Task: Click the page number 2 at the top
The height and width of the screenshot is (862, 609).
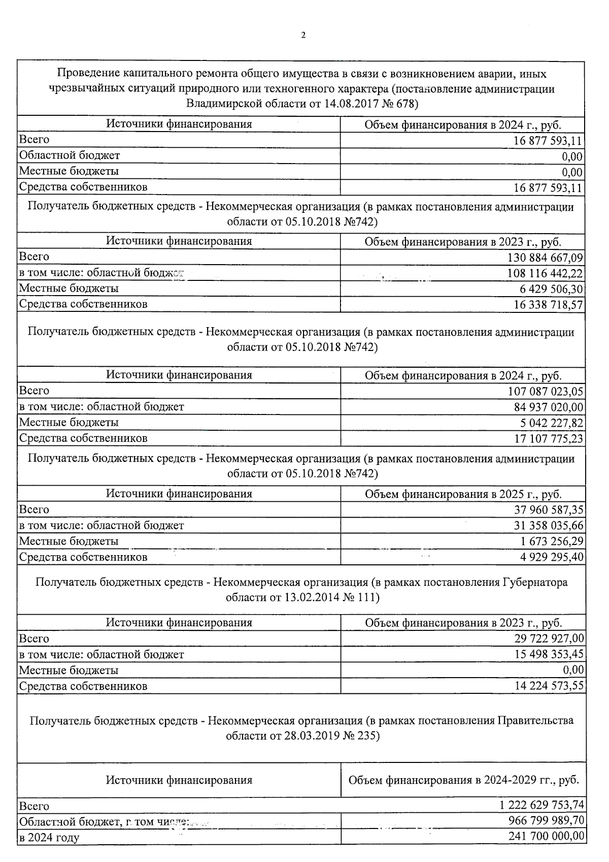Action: coord(303,35)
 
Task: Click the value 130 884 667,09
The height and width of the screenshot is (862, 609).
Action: coord(545,258)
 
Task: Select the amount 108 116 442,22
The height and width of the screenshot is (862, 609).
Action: coord(545,273)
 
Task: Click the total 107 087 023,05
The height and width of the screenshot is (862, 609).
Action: coord(546,391)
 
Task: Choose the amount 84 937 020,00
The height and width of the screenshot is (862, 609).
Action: coord(548,407)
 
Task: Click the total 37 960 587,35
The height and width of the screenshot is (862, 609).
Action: coord(549,509)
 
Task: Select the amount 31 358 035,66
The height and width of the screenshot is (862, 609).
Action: coord(549,525)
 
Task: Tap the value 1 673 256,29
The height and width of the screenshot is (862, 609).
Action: coord(552,541)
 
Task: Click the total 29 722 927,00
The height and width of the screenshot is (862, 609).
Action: coord(549,638)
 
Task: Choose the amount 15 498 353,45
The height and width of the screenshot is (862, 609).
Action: coord(549,654)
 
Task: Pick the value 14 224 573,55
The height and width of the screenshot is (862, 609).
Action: coord(549,686)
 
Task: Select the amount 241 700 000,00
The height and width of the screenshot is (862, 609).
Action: coord(546,836)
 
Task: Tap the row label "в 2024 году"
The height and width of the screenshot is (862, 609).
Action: coord(49,837)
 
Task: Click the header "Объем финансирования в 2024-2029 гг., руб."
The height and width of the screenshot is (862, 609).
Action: coord(463,780)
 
